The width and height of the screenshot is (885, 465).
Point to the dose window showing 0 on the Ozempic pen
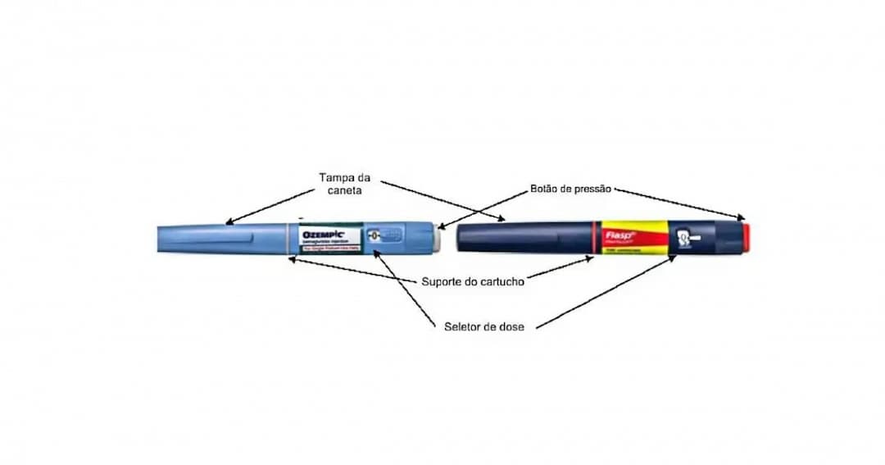point(373,235)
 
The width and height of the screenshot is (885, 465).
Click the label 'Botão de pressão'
point(571,190)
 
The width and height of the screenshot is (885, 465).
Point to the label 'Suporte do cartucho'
point(473,281)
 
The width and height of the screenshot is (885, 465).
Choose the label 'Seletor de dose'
point(483,326)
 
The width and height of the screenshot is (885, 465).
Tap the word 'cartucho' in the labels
point(500,281)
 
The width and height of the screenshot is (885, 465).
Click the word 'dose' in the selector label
point(510,326)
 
